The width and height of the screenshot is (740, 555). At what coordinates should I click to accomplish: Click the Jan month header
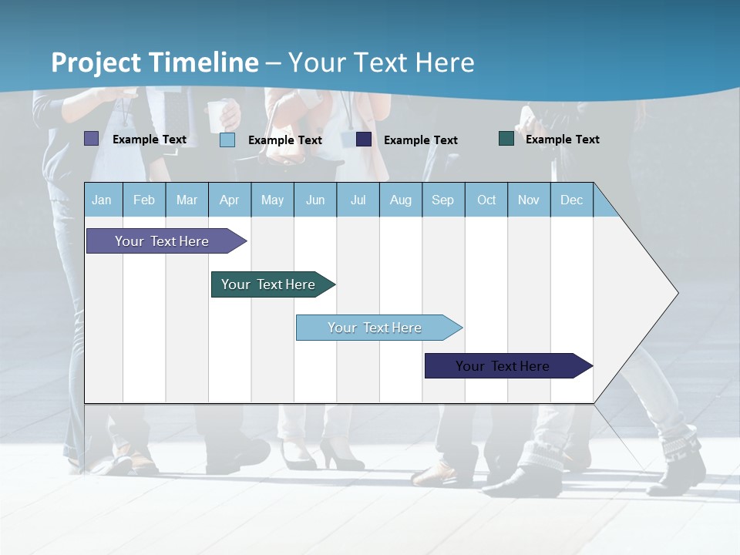[x=103, y=200]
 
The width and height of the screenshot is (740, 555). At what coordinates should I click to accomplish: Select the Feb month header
[x=144, y=200]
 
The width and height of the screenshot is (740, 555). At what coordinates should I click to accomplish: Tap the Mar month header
[x=187, y=200]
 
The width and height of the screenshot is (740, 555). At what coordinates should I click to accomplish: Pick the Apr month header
[x=230, y=200]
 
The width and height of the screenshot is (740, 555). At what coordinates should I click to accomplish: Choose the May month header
[x=272, y=200]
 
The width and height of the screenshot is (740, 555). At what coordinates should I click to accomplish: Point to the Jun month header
[x=315, y=200]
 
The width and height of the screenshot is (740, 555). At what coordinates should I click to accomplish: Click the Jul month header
[x=358, y=200]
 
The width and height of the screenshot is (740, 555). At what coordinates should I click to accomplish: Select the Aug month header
[x=401, y=200]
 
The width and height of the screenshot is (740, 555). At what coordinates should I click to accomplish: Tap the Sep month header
[x=443, y=200]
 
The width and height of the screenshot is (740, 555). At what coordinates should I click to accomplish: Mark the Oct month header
[x=486, y=200]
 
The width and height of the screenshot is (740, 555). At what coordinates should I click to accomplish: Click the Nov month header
[x=529, y=200]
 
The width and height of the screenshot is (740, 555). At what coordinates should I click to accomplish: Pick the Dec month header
[x=572, y=200]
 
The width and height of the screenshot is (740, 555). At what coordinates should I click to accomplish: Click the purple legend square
[x=91, y=139]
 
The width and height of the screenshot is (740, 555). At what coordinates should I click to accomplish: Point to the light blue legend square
[x=227, y=140]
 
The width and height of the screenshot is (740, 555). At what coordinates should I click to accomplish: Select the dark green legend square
[x=506, y=139]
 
